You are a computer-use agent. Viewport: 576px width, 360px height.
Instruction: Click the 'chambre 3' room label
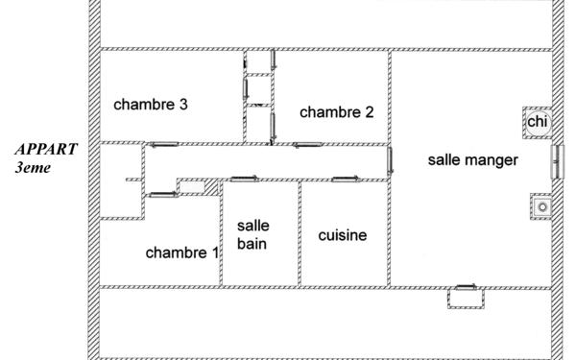(150, 105)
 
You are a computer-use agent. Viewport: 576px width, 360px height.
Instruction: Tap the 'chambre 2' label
(336, 112)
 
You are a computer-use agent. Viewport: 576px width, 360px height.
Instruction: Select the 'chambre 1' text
(181, 253)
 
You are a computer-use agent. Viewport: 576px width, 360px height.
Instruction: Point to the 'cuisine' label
(343, 235)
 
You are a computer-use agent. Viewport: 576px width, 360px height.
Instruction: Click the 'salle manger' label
(472, 160)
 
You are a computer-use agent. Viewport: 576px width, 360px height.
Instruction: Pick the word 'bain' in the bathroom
(253, 244)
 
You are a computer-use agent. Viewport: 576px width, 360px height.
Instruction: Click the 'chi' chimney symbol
(536, 122)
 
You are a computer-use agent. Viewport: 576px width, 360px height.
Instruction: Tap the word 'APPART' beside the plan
(46, 151)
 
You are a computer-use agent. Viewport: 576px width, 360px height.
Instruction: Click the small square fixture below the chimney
(541, 205)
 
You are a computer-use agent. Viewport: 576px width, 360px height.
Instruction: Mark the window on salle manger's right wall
(555, 160)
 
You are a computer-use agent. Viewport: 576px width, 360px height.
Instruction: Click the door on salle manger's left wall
(390, 160)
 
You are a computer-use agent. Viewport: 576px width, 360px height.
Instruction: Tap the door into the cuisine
(343, 178)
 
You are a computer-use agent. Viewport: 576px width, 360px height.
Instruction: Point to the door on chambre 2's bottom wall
(307, 145)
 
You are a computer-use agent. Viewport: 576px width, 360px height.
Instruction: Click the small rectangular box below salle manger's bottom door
(463, 299)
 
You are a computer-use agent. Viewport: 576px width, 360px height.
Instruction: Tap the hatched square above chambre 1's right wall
(212, 188)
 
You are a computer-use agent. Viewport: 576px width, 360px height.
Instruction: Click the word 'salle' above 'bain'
(253, 226)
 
